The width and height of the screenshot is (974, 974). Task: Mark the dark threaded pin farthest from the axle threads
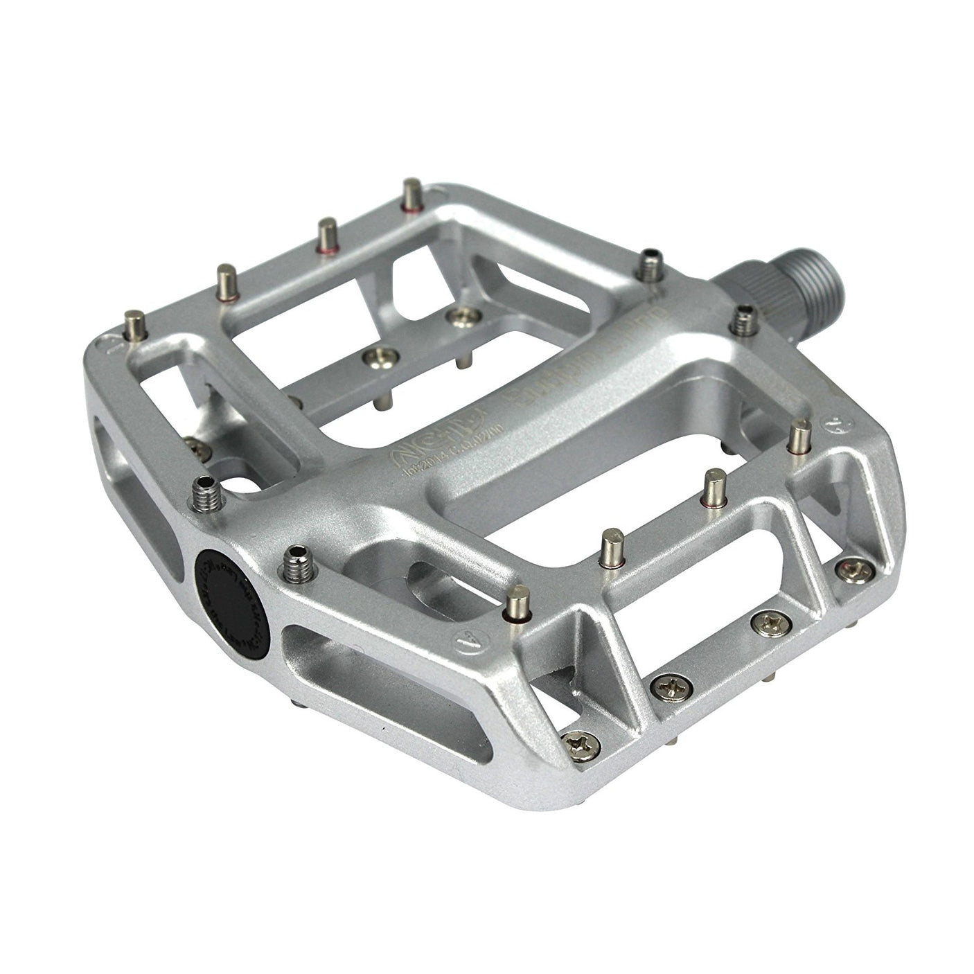(651, 263)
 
